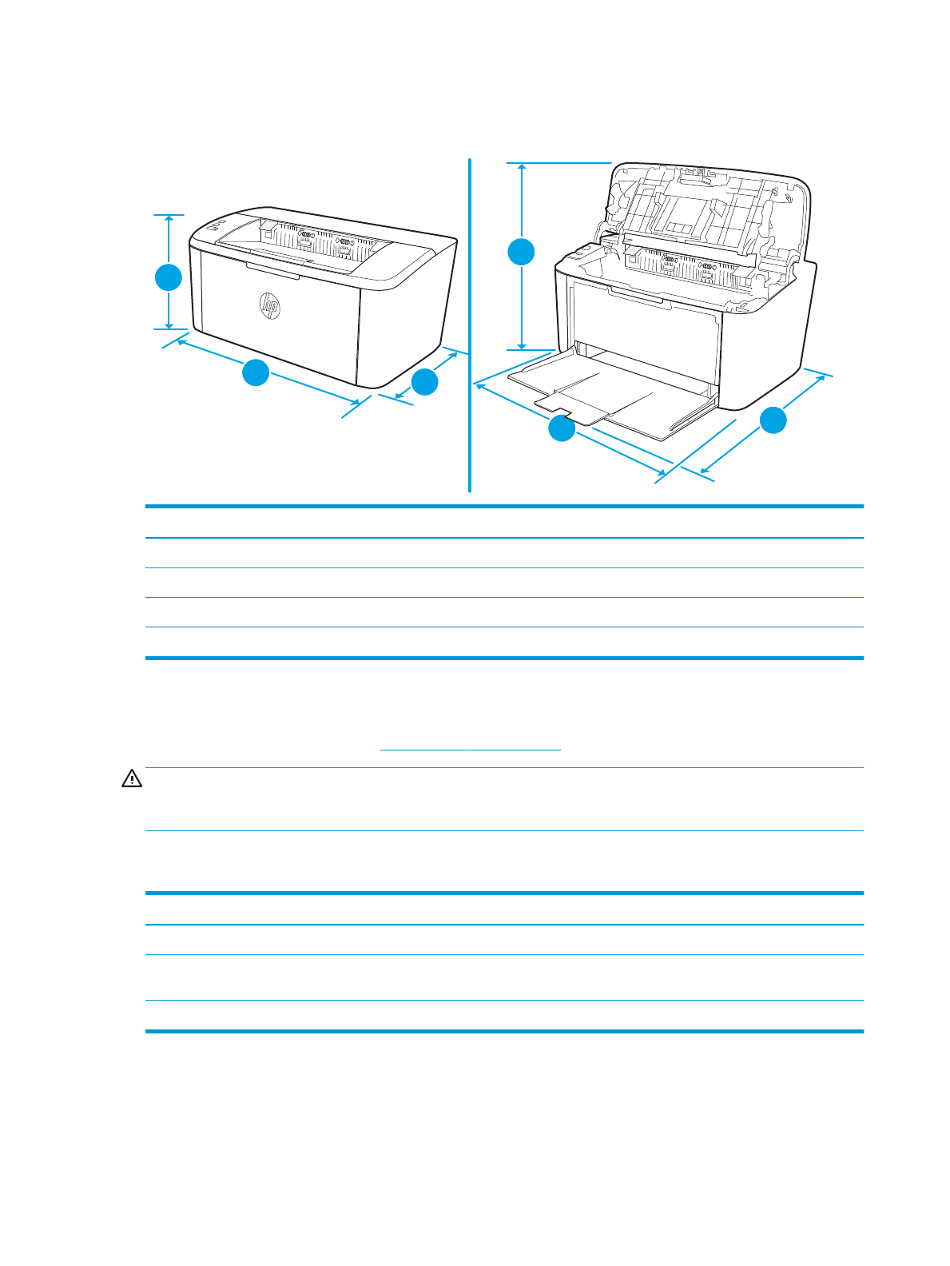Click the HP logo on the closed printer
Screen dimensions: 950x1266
(x=269, y=305)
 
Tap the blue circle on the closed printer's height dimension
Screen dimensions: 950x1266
(x=169, y=277)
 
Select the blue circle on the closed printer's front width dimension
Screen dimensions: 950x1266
(x=256, y=373)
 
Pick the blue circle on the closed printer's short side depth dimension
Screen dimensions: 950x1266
(x=425, y=381)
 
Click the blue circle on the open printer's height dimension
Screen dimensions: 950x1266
(x=522, y=252)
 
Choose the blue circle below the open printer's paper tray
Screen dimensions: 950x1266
(x=562, y=429)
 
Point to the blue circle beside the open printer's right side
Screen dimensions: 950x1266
(x=773, y=420)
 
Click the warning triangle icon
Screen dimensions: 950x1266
(x=131, y=778)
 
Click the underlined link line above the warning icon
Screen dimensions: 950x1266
(x=471, y=750)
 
